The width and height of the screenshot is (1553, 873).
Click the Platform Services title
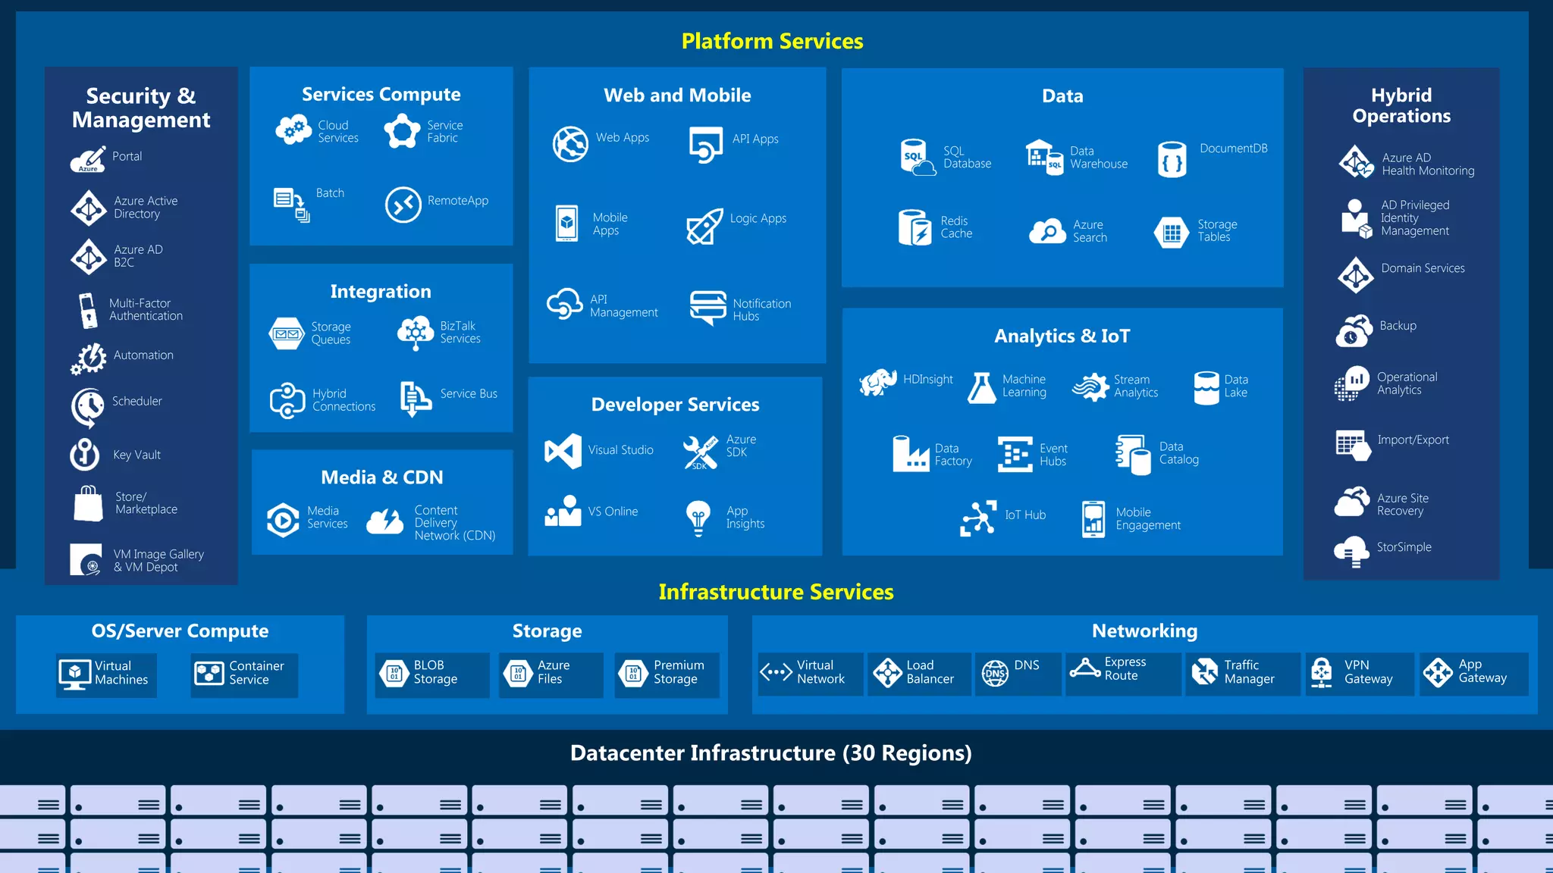[772, 41]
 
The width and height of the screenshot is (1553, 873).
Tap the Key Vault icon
[85, 455]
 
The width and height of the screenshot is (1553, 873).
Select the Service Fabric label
[444, 131]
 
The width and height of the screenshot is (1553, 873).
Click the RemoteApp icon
[403, 205]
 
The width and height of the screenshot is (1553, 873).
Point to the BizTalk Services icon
[415, 333]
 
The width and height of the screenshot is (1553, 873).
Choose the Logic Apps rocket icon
[704, 226]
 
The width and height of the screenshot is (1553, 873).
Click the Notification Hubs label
[761, 310]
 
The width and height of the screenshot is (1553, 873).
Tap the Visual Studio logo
[563, 451]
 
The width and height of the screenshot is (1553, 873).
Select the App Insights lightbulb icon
[698, 518]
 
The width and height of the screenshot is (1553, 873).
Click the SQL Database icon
[917, 158]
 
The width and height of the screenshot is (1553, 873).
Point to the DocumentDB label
[1233, 149]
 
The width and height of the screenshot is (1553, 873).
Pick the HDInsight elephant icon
[878, 382]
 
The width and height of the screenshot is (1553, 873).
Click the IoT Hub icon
[977, 518]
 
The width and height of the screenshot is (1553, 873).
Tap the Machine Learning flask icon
[981, 388]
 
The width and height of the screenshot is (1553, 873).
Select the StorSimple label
[1404, 547]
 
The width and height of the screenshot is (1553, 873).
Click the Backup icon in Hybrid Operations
[1354, 331]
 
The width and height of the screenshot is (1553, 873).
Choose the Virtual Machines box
[106, 674]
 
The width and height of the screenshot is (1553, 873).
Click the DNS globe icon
[995, 673]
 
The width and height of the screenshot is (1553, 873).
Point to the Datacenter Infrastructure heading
[770, 753]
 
